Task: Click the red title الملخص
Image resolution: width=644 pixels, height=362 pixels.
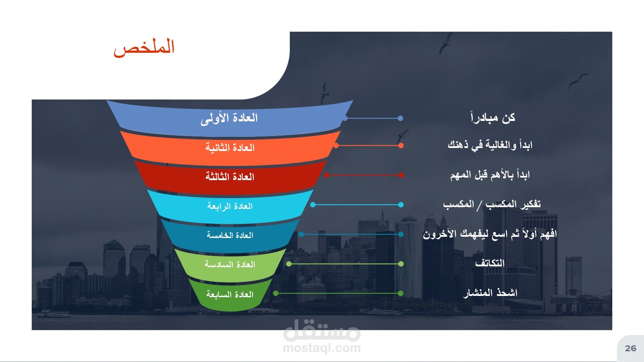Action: pyautogui.click(x=144, y=48)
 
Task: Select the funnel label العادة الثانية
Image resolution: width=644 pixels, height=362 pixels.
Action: pyautogui.click(x=230, y=148)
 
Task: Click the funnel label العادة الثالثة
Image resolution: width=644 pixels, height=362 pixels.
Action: pyautogui.click(x=230, y=177)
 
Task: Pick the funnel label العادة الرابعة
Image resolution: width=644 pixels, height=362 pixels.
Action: pyautogui.click(x=230, y=206)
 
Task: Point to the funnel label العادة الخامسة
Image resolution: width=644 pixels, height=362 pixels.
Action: pyautogui.click(x=230, y=235)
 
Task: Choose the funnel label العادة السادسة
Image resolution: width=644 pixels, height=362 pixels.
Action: pyautogui.click(x=230, y=264)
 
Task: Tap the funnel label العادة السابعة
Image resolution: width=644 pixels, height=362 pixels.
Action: pyautogui.click(x=230, y=294)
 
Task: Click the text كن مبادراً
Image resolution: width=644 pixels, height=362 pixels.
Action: pyautogui.click(x=493, y=118)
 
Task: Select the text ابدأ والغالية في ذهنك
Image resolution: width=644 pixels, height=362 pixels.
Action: pyautogui.click(x=490, y=145)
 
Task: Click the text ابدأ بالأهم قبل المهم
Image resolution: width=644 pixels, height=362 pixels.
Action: pyautogui.click(x=490, y=175)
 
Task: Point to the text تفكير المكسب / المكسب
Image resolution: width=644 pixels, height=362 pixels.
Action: pyautogui.click(x=492, y=204)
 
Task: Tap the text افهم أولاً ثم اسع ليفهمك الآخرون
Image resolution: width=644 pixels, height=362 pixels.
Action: pyautogui.click(x=489, y=234)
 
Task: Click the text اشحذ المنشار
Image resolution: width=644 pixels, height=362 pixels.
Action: pyautogui.click(x=490, y=293)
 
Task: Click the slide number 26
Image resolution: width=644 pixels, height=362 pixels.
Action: pyautogui.click(x=631, y=348)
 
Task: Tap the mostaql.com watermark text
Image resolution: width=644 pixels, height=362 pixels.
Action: pyautogui.click(x=322, y=348)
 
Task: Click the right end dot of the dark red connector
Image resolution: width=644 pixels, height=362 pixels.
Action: pyautogui.click(x=401, y=175)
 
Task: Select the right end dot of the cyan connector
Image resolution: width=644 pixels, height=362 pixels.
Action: pyautogui.click(x=401, y=205)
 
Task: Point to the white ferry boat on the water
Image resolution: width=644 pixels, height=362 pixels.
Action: pyautogui.click(x=54, y=314)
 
